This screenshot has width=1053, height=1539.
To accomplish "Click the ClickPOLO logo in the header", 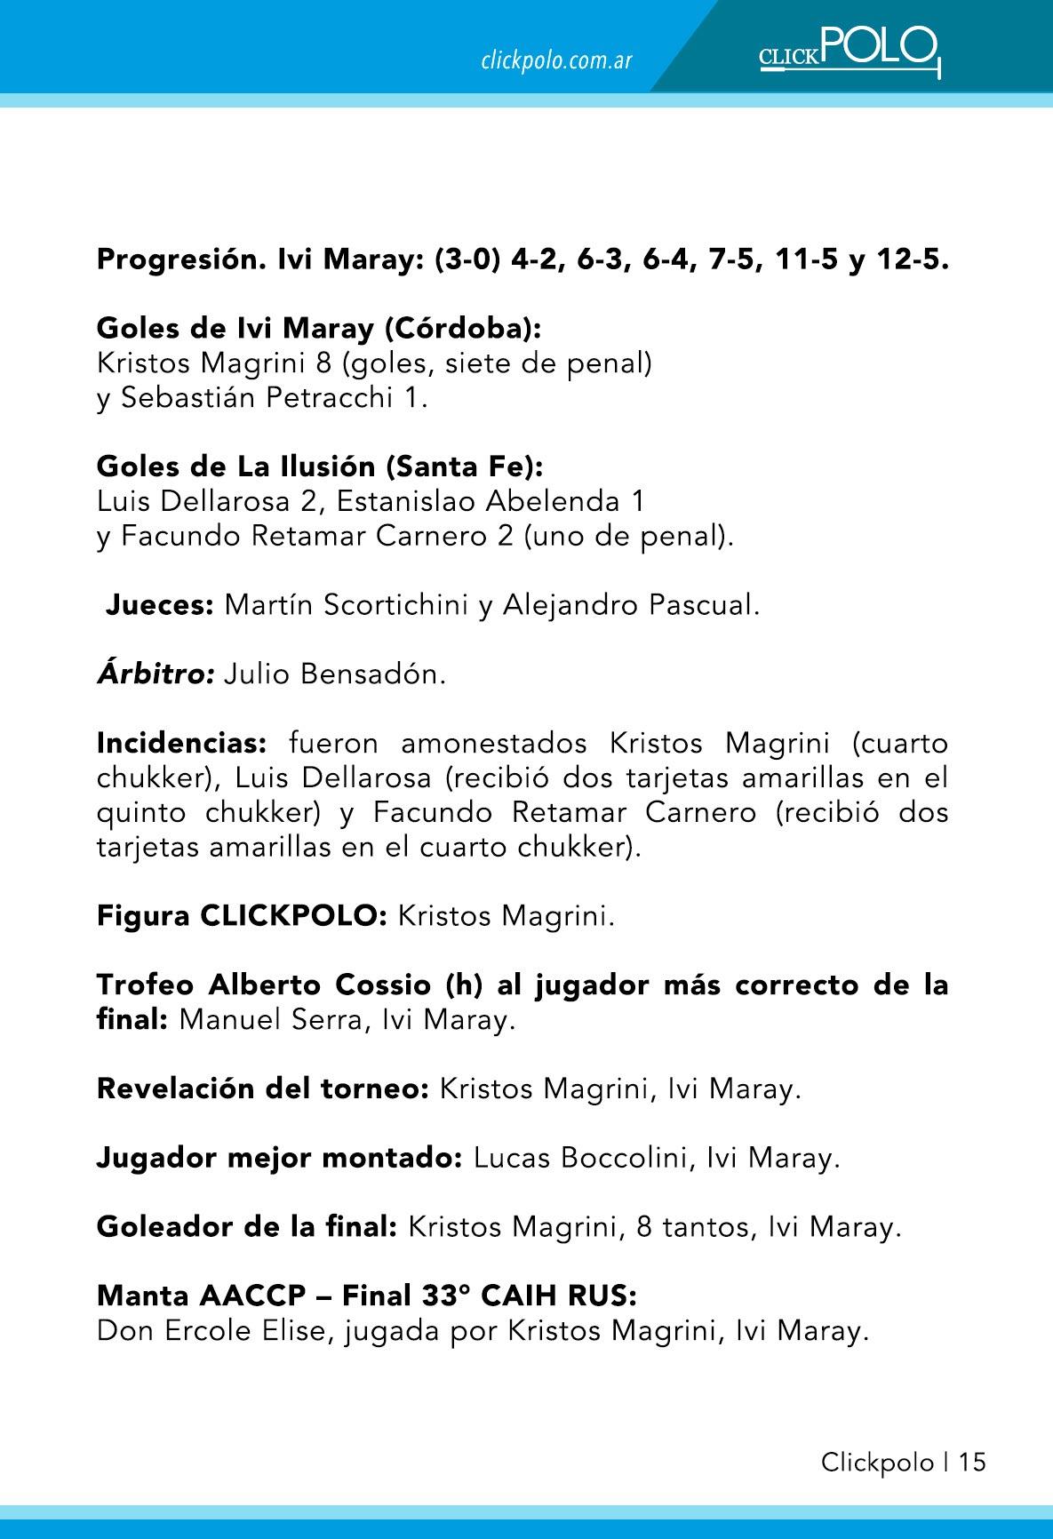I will [x=849, y=51].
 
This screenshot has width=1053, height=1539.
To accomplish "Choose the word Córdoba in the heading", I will [x=460, y=330].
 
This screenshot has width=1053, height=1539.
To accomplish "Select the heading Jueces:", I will [x=160, y=606].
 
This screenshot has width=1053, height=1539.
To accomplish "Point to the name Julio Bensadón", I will [x=334, y=674].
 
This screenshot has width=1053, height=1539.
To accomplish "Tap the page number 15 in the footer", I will [x=972, y=1463].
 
